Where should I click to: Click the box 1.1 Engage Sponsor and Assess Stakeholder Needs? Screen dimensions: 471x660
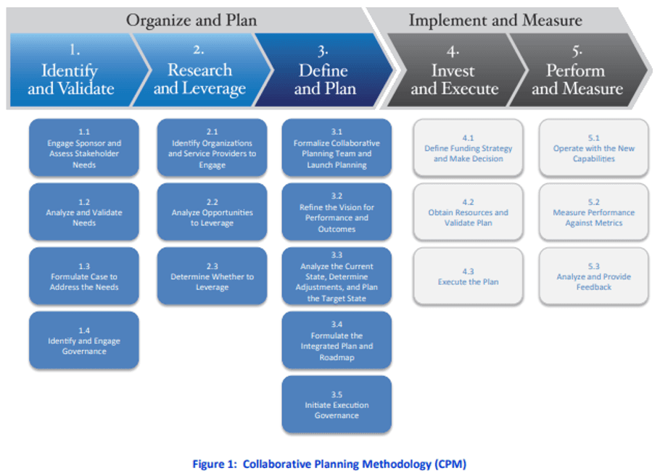click(x=84, y=149)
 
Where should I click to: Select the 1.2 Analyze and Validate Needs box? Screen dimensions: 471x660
click(x=84, y=212)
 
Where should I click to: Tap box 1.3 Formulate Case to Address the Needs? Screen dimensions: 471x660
click(x=84, y=277)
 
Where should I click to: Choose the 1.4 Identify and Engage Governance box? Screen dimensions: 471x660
click(x=84, y=341)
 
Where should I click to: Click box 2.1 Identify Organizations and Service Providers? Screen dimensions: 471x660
click(x=212, y=149)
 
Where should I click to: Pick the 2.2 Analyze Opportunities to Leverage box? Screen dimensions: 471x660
click(x=212, y=212)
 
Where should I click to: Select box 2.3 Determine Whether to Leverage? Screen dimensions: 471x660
click(x=212, y=277)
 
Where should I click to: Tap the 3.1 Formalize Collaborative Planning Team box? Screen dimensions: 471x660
click(x=337, y=149)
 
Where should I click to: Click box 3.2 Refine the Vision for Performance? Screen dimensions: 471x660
click(x=337, y=212)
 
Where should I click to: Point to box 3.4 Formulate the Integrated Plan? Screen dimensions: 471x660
click(x=337, y=341)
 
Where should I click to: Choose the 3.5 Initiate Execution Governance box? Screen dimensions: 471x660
click(x=337, y=404)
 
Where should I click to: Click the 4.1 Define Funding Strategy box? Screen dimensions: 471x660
click(x=468, y=149)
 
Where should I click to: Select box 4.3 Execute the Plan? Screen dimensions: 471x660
click(x=468, y=277)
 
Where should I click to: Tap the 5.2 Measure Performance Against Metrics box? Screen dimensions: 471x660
click(x=593, y=212)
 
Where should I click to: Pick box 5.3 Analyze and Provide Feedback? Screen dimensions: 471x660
click(x=593, y=277)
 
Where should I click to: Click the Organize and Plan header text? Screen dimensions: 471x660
click(x=191, y=20)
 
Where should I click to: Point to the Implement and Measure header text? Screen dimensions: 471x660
click(x=495, y=20)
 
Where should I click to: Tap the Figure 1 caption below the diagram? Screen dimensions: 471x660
click(x=329, y=464)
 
